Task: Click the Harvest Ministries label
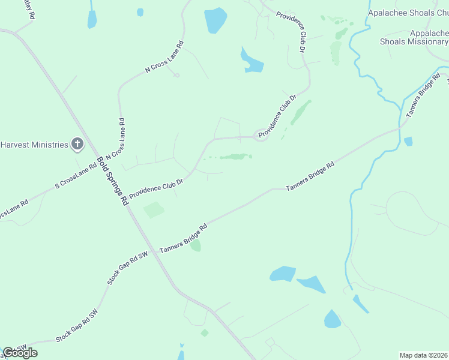click(34, 145)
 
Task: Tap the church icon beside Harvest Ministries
click(77, 144)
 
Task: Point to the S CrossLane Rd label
click(76, 176)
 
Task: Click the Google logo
click(20, 353)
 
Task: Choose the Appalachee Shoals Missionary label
click(414, 38)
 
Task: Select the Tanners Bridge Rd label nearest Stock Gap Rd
click(183, 238)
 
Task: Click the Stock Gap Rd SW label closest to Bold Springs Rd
click(127, 268)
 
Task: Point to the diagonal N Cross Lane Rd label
click(164, 57)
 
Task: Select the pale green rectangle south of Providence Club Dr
click(154, 210)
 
